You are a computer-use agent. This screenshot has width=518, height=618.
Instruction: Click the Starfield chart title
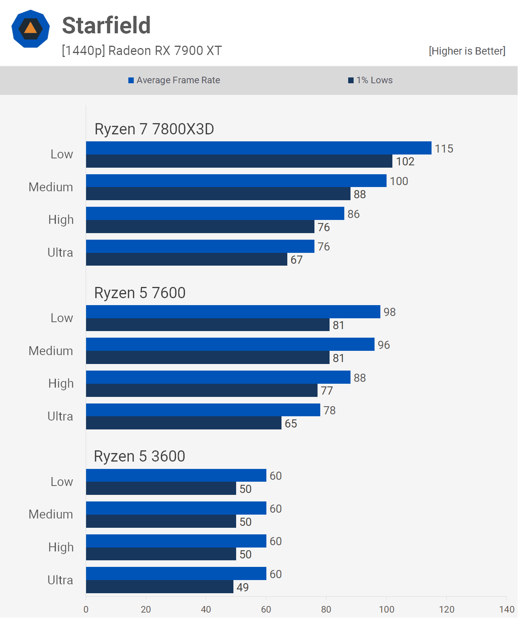[x=106, y=26]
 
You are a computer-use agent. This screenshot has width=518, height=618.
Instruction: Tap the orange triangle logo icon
[x=31, y=29]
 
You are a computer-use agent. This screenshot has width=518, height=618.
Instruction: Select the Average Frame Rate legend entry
[x=174, y=80]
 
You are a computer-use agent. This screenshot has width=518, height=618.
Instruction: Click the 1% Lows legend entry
[x=370, y=80]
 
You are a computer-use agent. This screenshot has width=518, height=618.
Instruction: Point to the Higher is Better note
[x=467, y=51]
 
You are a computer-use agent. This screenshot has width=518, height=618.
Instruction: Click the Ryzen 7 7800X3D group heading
[x=154, y=129]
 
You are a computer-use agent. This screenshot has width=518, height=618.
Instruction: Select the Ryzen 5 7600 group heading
[x=140, y=293]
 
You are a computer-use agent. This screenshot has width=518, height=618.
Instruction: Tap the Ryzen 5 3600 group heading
[x=139, y=457]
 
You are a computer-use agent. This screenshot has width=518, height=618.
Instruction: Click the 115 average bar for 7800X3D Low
[x=258, y=148]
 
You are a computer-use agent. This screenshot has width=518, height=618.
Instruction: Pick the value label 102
[x=405, y=161]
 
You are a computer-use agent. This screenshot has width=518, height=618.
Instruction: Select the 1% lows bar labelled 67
[x=186, y=259]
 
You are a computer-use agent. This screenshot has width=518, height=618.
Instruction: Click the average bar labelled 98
[x=233, y=312]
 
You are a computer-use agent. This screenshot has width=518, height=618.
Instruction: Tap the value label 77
[x=327, y=391]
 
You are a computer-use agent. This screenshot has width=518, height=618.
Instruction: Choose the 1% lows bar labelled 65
[x=183, y=423]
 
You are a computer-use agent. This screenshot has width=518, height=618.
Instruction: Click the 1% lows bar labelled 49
[x=159, y=587]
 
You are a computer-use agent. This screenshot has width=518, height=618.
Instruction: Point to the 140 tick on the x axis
[x=506, y=609]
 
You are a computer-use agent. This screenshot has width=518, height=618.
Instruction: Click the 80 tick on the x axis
[x=326, y=609]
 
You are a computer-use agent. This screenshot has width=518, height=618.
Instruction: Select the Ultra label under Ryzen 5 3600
[x=60, y=580]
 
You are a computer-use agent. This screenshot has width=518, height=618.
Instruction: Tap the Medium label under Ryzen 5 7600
[x=51, y=351]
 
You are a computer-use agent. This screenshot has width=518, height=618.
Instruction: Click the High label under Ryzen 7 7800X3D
[x=61, y=220]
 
